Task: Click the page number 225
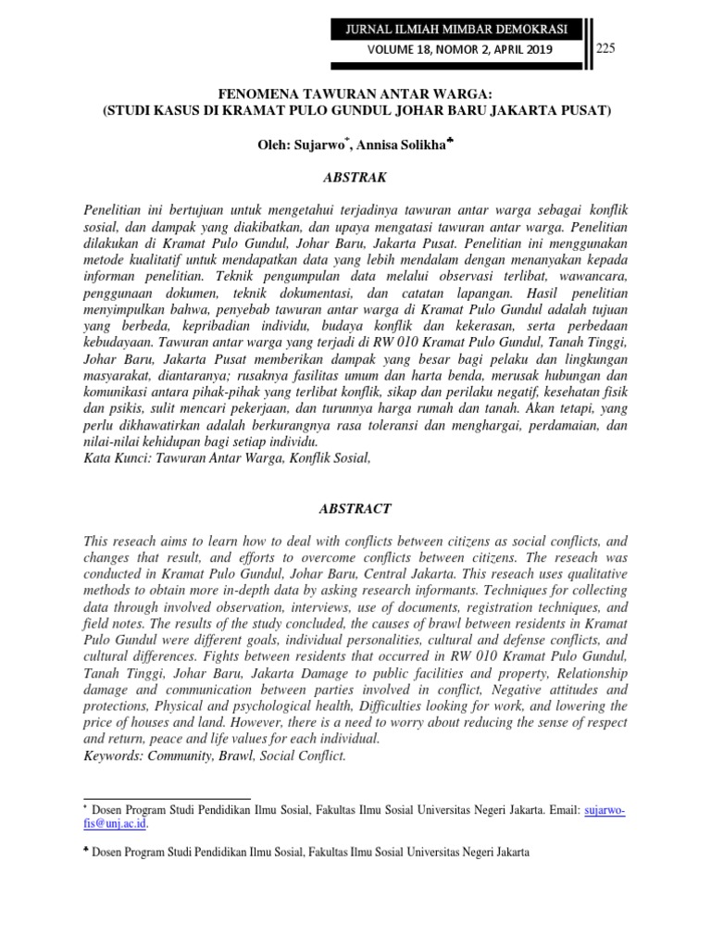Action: click(x=606, y=48)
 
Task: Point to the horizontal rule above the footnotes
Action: click(x=167, y=797)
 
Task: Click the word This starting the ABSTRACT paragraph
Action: click(x=98, y=540)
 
